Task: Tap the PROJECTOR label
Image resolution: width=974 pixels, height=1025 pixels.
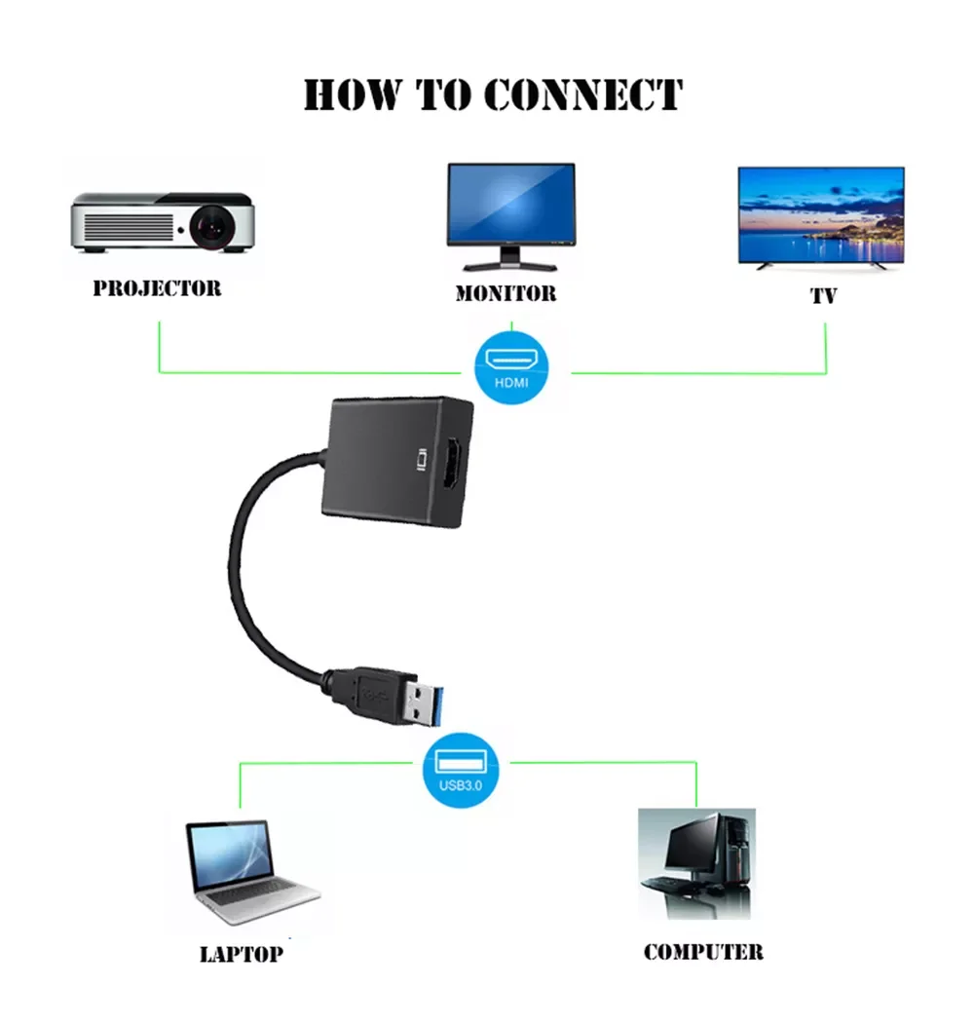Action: [157, 288]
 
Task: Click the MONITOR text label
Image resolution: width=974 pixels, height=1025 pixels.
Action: [506, 293]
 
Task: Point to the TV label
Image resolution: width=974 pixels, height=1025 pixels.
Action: [823, 296]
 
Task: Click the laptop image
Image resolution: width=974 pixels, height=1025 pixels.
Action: [247, 873]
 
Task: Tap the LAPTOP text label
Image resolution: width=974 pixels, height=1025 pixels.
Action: [242, 954]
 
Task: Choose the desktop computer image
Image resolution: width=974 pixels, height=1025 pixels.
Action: [696, 863]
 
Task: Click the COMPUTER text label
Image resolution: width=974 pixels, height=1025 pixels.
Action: [703, 952]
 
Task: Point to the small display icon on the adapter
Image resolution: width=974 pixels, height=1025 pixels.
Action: [423, 459]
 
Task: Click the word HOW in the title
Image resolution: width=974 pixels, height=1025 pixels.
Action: [352, 95]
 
